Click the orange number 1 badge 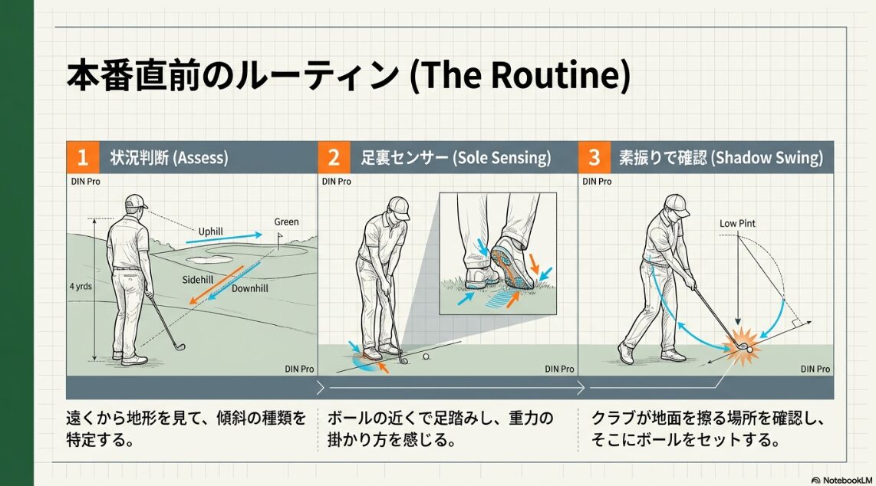click(x=82, y=158)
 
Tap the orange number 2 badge click(x=334, y=158)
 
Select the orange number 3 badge click(x=594, y=158)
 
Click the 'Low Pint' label click(x=737, y=223)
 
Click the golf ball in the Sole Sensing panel click(x=426, y=356)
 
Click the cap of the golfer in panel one click(x=135, y=202)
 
